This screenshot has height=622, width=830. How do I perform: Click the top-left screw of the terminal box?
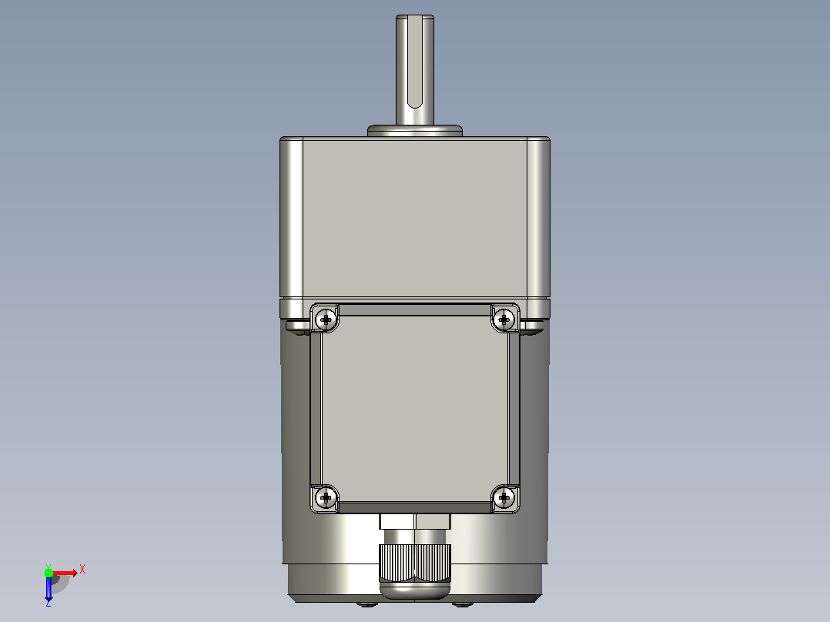click(x=326, y=319)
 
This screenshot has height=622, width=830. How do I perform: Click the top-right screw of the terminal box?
click(x=504, y=319)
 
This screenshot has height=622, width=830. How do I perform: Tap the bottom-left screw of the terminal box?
click(x=326, y=497)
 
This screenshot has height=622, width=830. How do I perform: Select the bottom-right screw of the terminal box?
click(x=504, y=497)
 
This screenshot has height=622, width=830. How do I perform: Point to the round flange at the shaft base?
click(x=415, y=131)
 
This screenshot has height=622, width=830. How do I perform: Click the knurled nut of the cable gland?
click(x=415, y=563)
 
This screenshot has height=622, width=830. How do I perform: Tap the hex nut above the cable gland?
click(x=415, y=521)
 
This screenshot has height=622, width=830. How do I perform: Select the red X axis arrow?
click(x=65, y=573)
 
